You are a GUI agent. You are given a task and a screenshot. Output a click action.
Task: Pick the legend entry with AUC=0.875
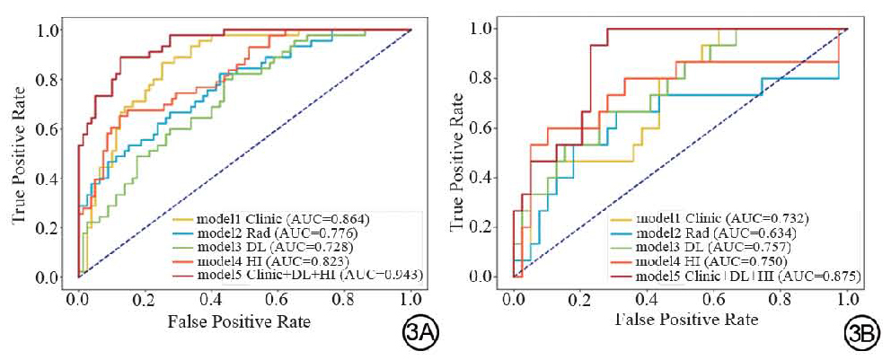[x=737, y=275]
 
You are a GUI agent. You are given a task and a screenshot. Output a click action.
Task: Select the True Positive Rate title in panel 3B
[x=460, y=154]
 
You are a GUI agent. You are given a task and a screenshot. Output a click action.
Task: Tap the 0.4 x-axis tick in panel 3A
[x=212, y=297]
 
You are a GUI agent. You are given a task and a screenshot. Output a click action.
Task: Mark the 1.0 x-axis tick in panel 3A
[x=410, y=297]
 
